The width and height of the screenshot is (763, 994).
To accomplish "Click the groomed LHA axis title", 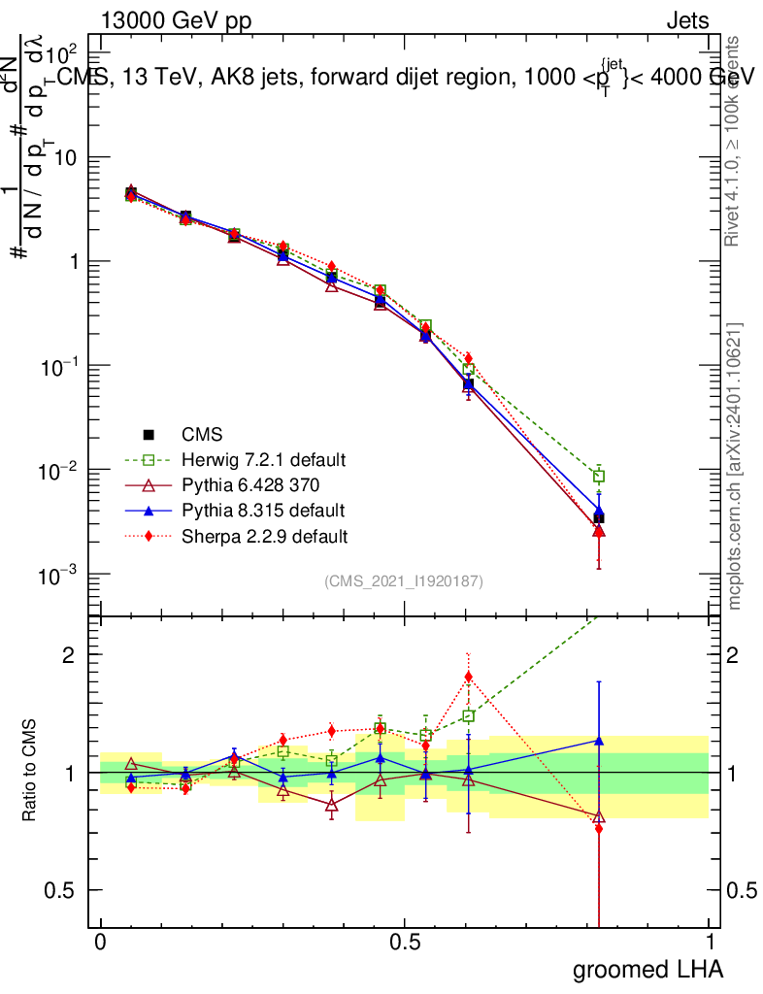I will point(647,970).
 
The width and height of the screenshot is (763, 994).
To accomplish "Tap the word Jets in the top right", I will point(686,21).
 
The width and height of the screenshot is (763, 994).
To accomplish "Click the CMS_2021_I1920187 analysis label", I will point(404,581).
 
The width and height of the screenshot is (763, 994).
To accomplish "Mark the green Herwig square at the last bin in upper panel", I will point(599,476).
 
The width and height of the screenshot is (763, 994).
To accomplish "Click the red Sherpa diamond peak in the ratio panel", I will point(468,677).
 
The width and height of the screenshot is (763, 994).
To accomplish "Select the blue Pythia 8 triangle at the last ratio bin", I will point(599,741).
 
